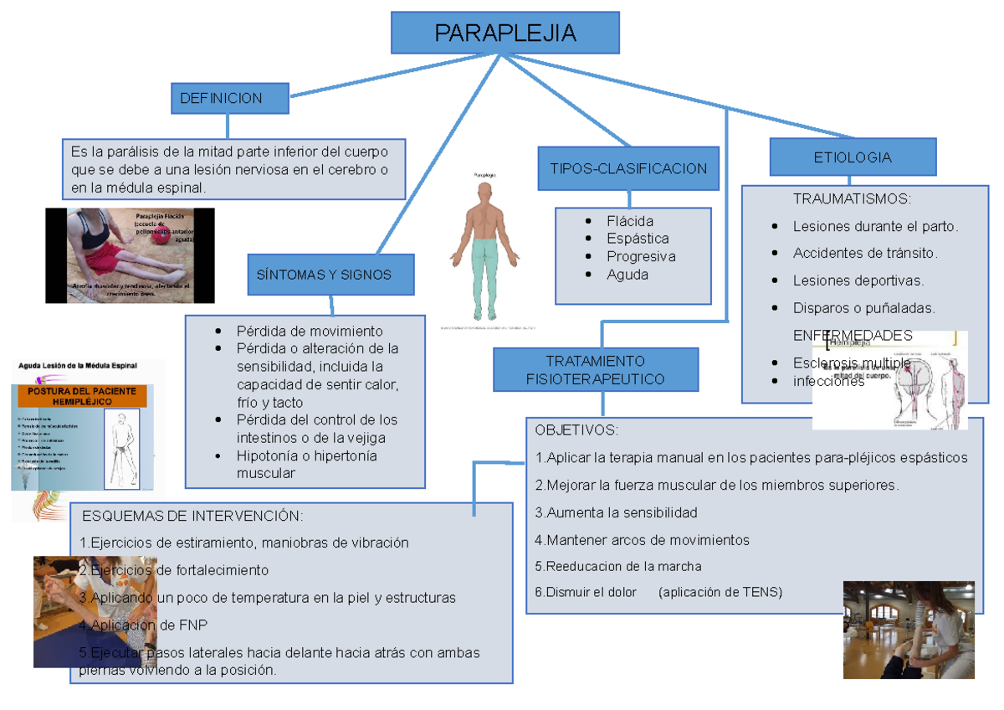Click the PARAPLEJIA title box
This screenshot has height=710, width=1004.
coord(505,33)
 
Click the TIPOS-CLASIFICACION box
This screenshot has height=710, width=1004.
coord(628,168)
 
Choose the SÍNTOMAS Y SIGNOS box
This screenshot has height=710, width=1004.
coord(330,275)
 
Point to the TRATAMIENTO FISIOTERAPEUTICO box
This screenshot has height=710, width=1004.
coord(595,370)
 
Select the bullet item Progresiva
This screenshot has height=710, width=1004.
coord(641,256)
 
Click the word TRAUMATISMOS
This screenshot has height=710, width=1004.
coord(851,199)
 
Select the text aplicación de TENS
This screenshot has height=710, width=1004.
coord(720,592)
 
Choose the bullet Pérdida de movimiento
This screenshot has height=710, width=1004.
coord(310,331)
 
